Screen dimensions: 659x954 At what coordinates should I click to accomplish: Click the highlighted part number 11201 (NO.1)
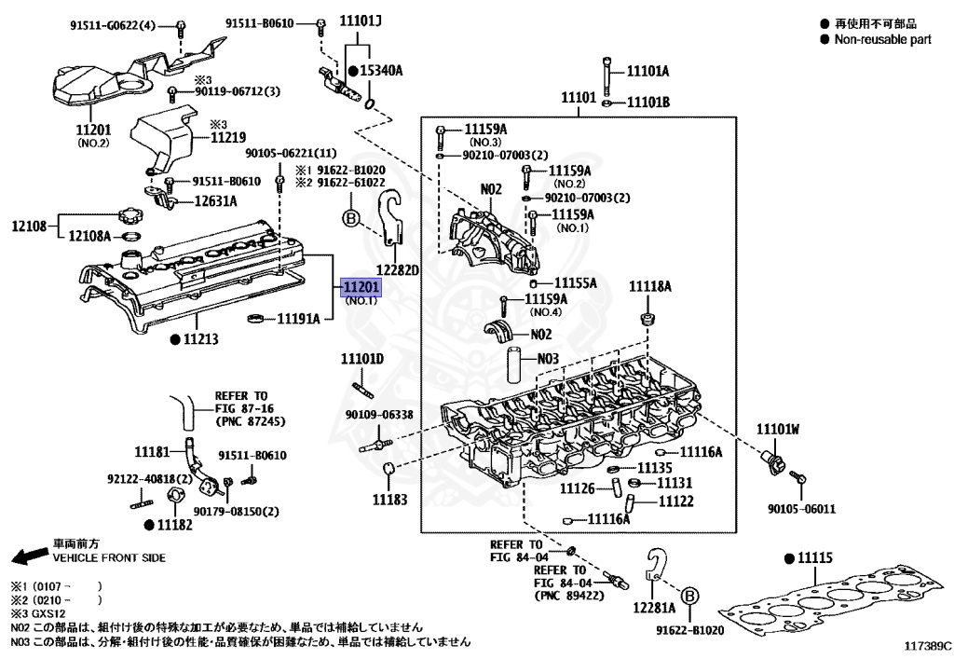click(x=361, y=288)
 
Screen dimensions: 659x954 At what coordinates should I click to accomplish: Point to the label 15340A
click(x=381, y=71)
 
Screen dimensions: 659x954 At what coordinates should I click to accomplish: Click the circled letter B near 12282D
click(x=351, y=219)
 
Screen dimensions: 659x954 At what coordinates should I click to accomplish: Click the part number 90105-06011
click(x=801, y=509)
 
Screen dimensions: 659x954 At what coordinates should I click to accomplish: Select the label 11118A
click(x=649, y=286)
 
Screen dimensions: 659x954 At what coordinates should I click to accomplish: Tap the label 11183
click(x=390, y=500)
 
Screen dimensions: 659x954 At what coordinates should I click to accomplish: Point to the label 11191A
click(x=298, y=319)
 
